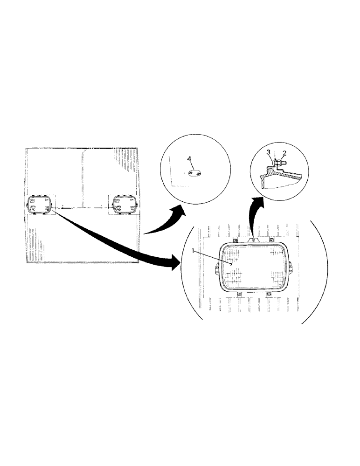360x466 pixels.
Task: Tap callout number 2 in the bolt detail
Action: click(x=284, y=153)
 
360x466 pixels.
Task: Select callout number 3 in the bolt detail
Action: click(x=269, y=152)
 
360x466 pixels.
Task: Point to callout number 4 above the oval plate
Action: click(x=189, y=159)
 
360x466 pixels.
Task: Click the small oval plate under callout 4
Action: click(x=194, y=174)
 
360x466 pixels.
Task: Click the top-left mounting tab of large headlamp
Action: click(x=236, y=240)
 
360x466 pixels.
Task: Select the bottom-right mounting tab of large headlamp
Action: click(x=269, y=295)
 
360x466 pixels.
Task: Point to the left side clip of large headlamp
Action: click(x=217, y=269)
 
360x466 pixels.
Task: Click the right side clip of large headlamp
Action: click(x=291, y=269)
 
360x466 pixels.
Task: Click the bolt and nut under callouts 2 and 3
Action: click(x=277, y=163)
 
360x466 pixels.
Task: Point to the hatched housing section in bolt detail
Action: click(x=264, y=180)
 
